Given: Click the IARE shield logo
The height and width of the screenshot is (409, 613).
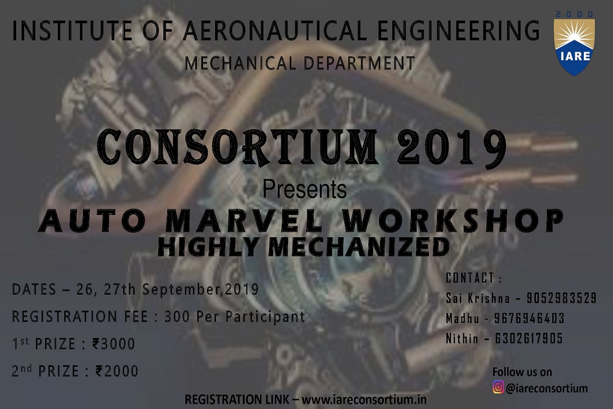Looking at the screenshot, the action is click(574, 47).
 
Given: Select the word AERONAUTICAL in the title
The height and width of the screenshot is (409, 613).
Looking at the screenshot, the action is click(275, 31).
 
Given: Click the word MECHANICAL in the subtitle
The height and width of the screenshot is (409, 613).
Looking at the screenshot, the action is click(240, 63).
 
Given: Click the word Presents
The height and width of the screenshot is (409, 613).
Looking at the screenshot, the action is click(305, 189).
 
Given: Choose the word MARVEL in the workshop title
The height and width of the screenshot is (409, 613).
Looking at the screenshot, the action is click(244, 221).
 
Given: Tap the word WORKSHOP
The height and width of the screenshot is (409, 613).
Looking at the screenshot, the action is click(453, 221).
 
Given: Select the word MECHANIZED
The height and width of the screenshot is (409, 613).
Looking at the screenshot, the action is click(359, 247).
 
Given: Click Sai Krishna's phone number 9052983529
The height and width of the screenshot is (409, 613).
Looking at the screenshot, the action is click(561, 298).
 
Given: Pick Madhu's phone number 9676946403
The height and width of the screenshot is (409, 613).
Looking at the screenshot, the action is click(529, 318).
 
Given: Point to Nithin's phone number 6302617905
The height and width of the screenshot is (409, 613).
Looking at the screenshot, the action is click(529, 339).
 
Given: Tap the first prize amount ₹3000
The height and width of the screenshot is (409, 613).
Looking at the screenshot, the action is click(114, 344).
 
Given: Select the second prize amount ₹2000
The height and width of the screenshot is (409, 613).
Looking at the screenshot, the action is click(117, 371).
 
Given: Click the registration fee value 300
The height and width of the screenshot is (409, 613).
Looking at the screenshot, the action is click(177, 316).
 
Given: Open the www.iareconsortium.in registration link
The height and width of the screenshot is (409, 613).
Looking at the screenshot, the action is click(364, 400).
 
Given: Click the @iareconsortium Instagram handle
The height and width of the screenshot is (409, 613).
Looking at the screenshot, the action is click(546, 388).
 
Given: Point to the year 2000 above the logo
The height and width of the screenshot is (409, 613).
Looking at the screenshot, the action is click(574, 14).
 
